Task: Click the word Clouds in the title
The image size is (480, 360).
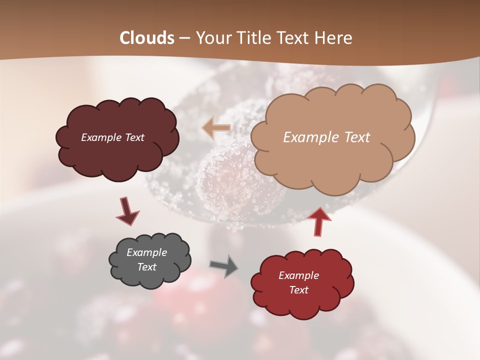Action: click(x=147, y=38)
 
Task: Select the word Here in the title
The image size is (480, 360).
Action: click(x=334, y=38)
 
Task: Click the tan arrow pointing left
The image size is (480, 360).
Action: click(x=216, y=128)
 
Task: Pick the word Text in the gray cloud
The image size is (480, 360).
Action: click(x=146, y=267)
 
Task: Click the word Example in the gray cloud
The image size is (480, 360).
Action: click(x=146, y=252)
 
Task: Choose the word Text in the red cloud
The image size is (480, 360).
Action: click(x=298, y=290)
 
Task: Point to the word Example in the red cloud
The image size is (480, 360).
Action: click(x=298, y=275)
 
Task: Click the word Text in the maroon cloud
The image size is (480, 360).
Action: click(x=134, y=137)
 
